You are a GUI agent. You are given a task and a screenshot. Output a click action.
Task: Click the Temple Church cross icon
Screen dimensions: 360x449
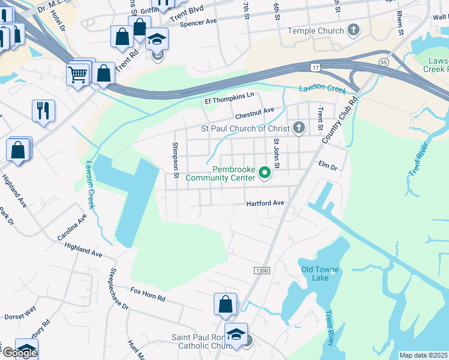coord(354,30)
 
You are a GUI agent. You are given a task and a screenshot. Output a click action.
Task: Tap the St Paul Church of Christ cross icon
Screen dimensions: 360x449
coord(299,127)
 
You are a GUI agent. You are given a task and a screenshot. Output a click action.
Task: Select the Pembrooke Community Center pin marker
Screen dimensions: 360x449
coord(264,174)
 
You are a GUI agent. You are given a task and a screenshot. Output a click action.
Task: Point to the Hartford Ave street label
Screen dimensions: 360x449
coord(265,203)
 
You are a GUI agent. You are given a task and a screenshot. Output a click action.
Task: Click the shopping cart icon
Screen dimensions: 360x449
coord(78,74)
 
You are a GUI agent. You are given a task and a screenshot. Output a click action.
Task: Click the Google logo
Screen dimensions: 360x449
coord(20,353)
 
